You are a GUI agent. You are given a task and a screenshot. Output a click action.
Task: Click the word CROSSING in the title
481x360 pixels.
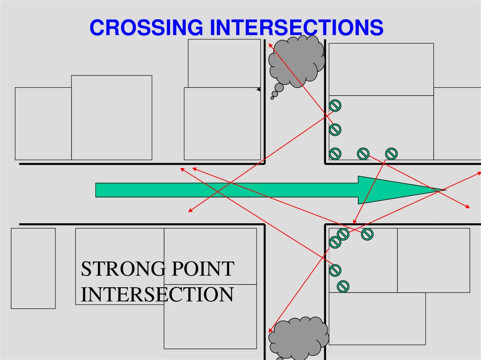coord(147,28)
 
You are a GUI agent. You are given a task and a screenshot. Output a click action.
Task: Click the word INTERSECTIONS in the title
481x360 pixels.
coord(296,28)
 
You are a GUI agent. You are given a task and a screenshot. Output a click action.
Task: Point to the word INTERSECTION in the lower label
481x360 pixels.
coord(157,294)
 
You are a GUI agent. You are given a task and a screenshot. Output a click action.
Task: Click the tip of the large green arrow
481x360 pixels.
coord(444,190)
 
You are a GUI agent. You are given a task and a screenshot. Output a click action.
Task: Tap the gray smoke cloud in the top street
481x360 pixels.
coord(297,61)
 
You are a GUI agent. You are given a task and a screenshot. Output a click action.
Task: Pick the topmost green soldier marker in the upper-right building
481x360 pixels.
coord(335,106)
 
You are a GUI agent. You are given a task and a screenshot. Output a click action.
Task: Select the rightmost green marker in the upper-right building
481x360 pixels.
coord(391,153)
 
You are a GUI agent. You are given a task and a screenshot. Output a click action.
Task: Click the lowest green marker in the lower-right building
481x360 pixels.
coord(343,285)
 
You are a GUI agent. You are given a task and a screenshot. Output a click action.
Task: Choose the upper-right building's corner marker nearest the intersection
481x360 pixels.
coord(335,153)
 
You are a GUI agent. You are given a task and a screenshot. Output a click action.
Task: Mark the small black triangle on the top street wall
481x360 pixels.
coord(258,89)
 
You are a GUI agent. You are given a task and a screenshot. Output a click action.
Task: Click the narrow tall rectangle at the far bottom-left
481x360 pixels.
coord(33,268)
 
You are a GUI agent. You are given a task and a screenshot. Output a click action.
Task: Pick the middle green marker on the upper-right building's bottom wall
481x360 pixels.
coord(363,153)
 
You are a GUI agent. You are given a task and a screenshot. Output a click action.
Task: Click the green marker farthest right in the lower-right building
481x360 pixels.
coord(367,233)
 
